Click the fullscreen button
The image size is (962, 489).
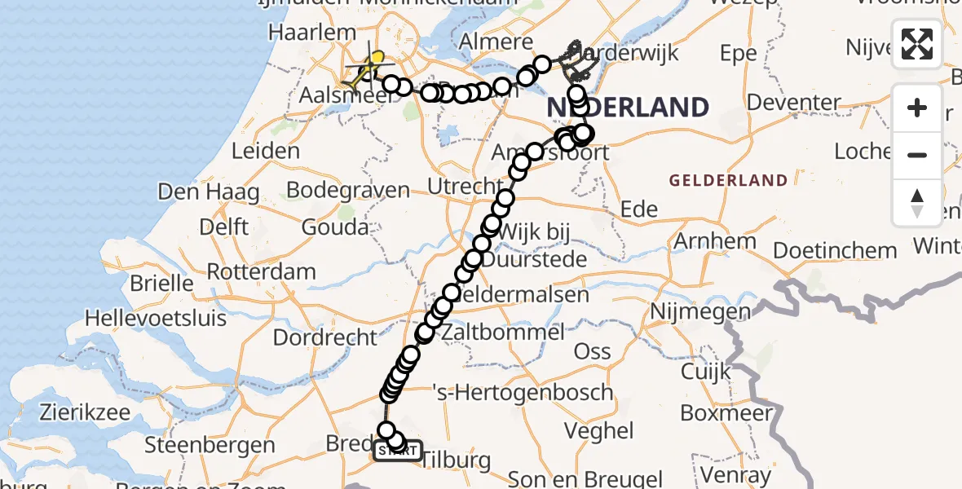[917, 44]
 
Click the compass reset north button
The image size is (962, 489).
[917, 202]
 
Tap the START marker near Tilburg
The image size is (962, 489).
[398, 451]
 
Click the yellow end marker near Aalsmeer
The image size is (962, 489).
[377, 58]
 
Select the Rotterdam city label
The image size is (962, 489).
[261, 271]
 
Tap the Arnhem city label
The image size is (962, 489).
[704, 241]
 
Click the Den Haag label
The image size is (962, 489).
[208, 192]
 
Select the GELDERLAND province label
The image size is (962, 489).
[729, 181]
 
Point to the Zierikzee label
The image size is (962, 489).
[72, 412]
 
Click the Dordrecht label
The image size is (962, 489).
[325, 337]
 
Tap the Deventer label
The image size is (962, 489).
[794, 103]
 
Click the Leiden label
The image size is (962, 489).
[266, 151]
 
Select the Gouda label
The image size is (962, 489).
[334, 227]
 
